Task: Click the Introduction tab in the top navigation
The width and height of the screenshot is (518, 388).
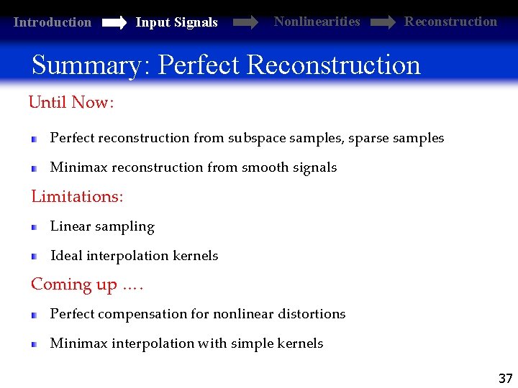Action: pyautogui.click(x=53, y=22)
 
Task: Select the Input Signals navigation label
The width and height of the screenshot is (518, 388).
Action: pyautogui.click(x=176, y=22)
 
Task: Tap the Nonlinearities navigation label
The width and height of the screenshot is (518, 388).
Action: pyautogui.click(x=317, y=22)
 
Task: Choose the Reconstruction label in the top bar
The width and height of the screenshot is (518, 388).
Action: pyautogui.click(x=450, y=22)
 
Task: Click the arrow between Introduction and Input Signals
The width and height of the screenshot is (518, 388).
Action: pyautogui.click(x=114, y=23)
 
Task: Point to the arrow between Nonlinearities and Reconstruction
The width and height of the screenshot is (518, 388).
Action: pyautogui.click(x=382, y=23)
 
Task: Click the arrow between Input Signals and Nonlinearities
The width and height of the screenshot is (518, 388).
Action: pyautogui.click(x=245, y=23)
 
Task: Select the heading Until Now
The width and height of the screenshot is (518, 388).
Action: pyautogui.click(x=71, y=103)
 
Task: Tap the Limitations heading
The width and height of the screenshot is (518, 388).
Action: pyautogui.click(x=77, y=196)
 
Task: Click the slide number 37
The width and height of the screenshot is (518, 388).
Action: pyautogui.click(x=505, y=379)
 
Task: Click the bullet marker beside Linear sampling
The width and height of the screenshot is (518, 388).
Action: pyautogui.click(x=34, y=227)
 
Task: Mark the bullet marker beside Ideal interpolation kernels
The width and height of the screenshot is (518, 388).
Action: pyautogui.click(x=34, y=257)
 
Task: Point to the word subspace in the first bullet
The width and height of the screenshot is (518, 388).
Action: pyautogui.click(x=256, y=138)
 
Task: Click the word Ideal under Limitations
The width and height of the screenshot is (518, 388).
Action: pyautogui.click(x=66, y=256)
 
